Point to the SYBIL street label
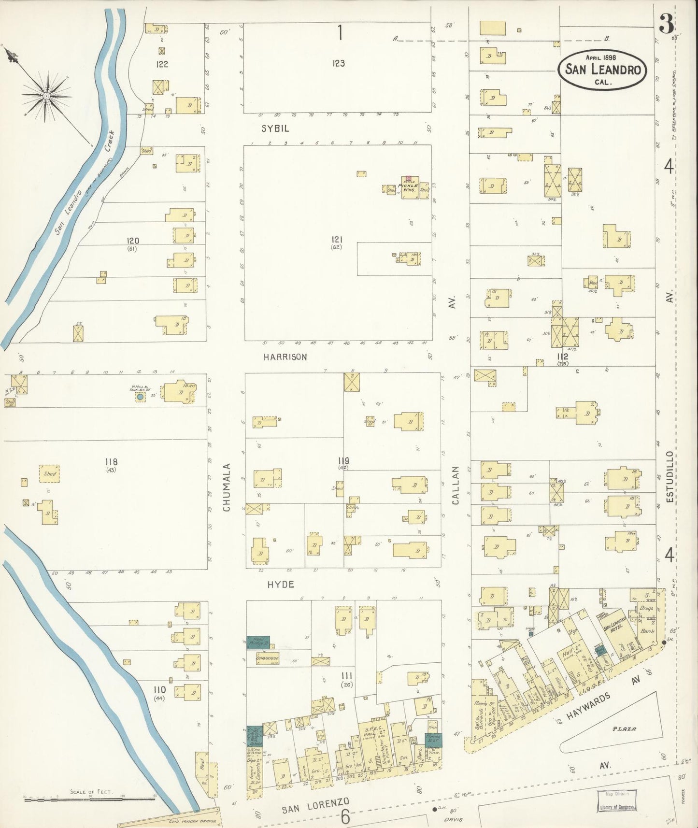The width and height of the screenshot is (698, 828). pyautogui.click(x=275, y=128)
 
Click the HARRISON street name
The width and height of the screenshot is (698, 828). pyautogui.click(x=285, y=357)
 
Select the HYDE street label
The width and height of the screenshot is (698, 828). pyautogui.click(x=281, y=585)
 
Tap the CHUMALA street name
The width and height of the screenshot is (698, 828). pyautogui.click(x=227, y=487)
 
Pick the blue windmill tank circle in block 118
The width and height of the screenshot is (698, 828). pyautogui.click(x=140, y=397)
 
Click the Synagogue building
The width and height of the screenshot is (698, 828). pyautogui.click(x=265, y=658)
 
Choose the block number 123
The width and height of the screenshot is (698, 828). pyautogui.click(x=338, y=63)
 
